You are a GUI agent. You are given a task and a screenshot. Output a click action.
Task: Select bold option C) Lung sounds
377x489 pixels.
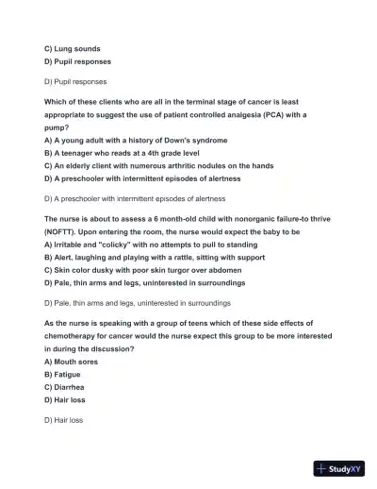pyautogui.click(x=73, y=48)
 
